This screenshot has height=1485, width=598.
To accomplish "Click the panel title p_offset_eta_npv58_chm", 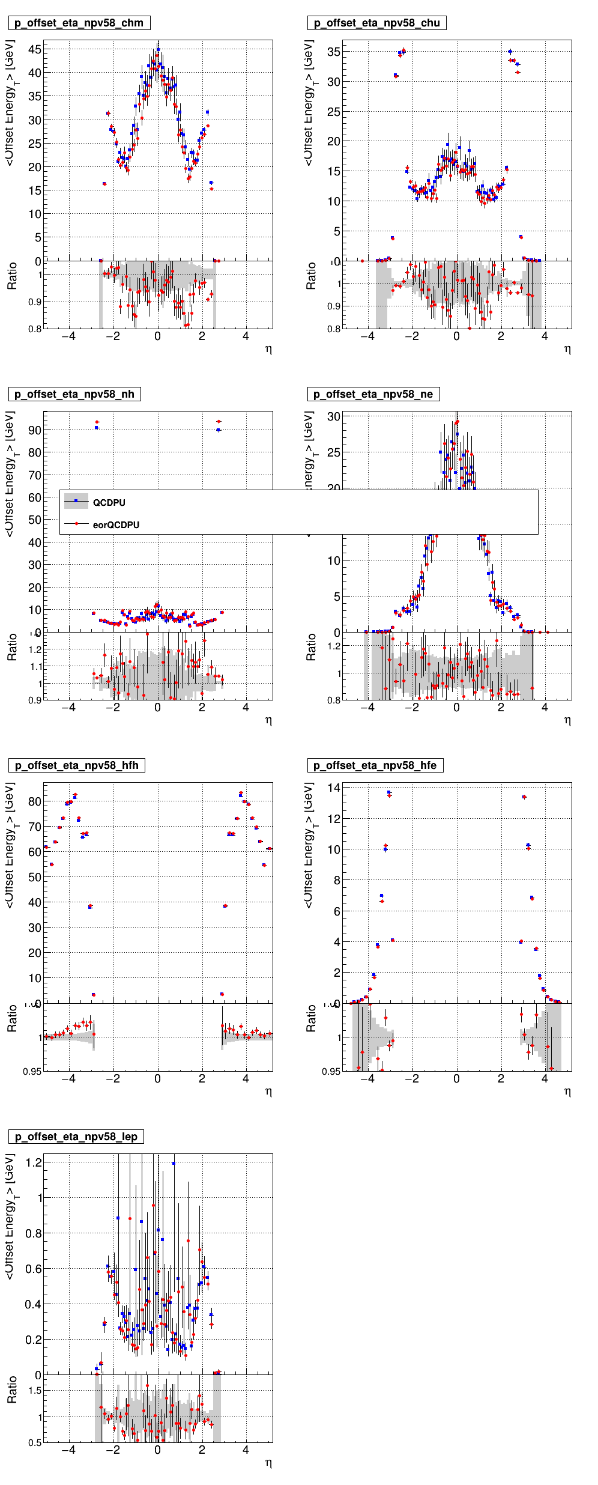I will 79,23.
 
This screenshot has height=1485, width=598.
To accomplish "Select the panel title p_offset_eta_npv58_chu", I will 376,23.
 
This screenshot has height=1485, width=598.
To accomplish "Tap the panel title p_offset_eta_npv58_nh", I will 74,395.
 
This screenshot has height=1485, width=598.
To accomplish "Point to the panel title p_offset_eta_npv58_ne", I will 373,395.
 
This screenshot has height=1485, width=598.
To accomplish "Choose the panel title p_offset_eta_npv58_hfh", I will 76,766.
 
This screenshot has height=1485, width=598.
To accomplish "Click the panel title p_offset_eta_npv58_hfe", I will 375,766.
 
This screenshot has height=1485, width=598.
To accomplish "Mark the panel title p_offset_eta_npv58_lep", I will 76,1137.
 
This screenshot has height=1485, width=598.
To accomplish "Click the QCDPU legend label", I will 109,503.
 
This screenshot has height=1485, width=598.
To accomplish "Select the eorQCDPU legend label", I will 116,525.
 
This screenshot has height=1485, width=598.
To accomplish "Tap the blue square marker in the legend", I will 76,500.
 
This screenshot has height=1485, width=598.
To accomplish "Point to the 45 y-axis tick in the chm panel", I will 35,50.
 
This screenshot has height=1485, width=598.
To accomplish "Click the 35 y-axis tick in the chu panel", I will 333,52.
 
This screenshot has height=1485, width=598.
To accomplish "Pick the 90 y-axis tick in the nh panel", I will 35,431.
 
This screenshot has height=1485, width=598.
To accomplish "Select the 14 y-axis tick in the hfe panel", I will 334,788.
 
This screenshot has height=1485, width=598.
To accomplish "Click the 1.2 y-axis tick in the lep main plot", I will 34,1162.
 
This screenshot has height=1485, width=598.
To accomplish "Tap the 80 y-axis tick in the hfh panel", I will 35,802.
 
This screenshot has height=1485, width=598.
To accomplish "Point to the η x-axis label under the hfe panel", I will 567,1092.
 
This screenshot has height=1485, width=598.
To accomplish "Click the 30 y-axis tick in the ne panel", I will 333,417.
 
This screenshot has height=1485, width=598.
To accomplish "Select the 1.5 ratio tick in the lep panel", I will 35,1391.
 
